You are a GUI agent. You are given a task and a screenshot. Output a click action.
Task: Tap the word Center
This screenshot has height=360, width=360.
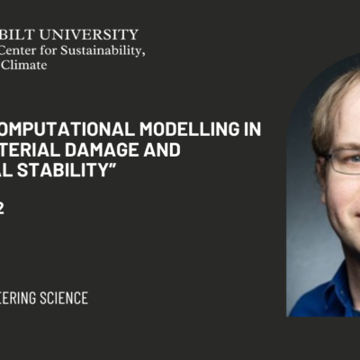click(x=22, y=50)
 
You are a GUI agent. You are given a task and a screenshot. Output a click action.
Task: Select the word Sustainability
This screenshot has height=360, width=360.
click(x=104, y=50)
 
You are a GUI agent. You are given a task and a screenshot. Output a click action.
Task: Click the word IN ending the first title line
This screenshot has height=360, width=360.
click(x=253, y=129)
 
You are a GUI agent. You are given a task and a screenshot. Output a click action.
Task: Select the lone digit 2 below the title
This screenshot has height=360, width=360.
click(x=3, y=208)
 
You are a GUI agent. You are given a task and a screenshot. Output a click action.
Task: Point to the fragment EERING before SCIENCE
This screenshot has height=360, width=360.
click(x=16, y=298)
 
